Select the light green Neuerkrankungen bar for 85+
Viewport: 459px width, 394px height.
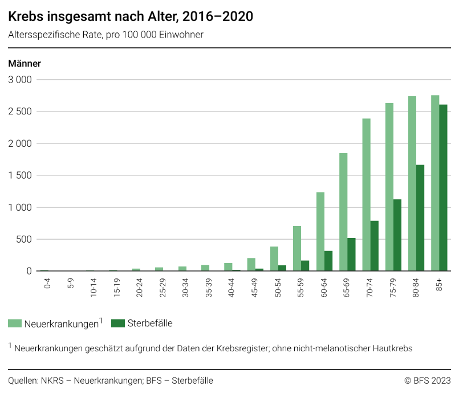coord(435,182)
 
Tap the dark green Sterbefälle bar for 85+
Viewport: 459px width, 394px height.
coord(443,188)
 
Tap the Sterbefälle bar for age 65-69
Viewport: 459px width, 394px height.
coord(351,255)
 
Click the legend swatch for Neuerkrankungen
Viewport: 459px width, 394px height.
coord(15,323)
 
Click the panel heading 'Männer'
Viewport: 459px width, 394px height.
coord(25,63)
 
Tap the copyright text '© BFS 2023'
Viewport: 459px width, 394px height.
coord(427,380)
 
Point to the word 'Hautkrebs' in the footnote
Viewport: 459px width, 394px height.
coord(393,347)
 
